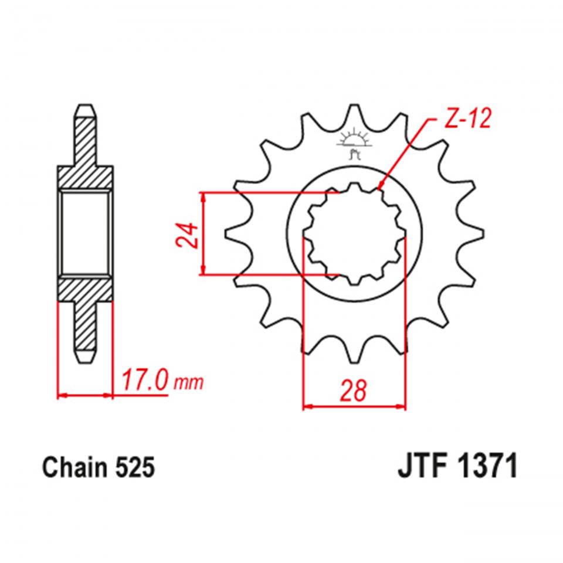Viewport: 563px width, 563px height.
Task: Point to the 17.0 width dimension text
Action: click(x=144, y=382)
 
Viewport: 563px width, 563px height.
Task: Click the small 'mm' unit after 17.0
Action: click(x=189, y=384)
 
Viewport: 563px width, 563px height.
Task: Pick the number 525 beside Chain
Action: click(x=136, y=469)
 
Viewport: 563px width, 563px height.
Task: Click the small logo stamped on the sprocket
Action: click(x=354, y=144)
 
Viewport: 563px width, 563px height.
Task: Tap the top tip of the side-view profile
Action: click(x=84, y=107)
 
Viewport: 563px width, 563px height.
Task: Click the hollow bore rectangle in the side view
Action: click(x=84, y=233)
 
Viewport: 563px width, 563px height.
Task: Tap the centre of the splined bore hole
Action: click(x=354, y=233)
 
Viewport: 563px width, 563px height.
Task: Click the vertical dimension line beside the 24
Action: click(x=203, y=233)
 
